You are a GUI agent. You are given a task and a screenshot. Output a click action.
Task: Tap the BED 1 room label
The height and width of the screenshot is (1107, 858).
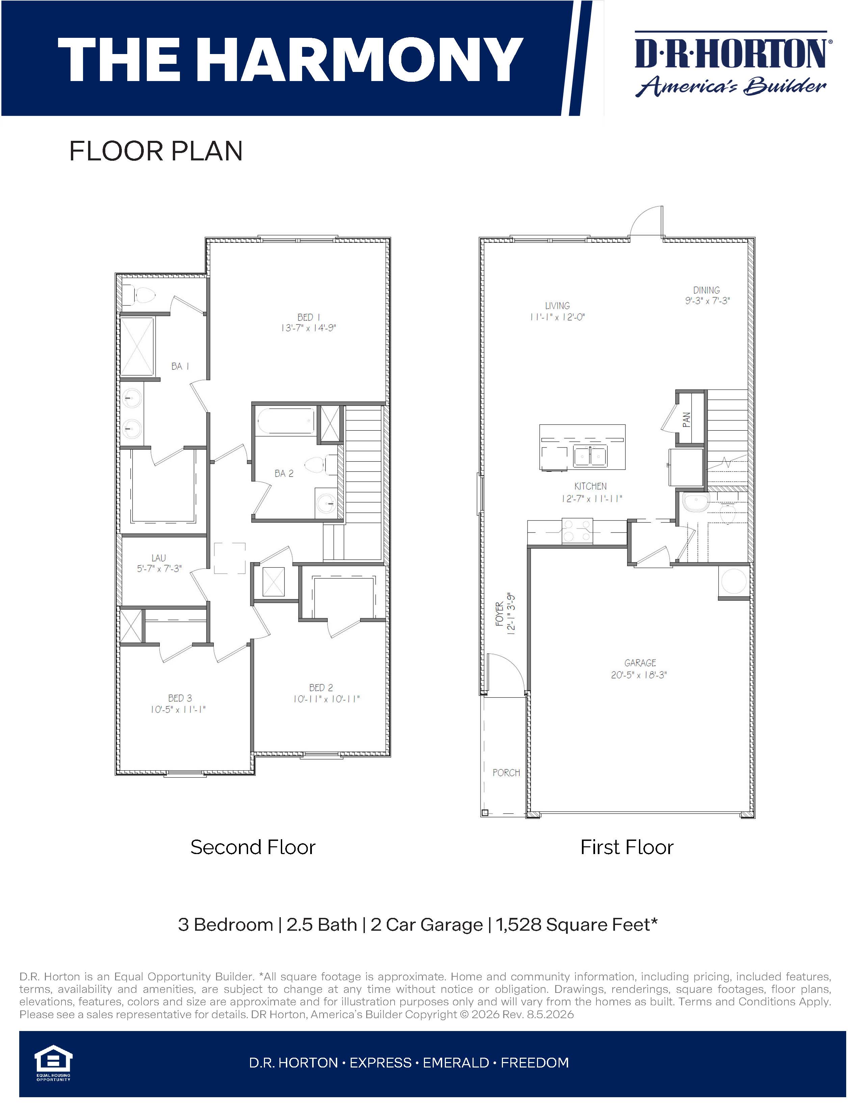pyautogui.click(x=309, y=317)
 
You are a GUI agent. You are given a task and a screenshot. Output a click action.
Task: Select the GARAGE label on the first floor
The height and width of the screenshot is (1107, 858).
pyautogui.click(x=640, y=663)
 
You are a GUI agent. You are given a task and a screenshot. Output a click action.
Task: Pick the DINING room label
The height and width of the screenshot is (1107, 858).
pyautogui.click(x=706, y=290)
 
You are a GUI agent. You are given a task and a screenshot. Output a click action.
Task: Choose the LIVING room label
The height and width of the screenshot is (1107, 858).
pyautogui.click(x=557, y=306)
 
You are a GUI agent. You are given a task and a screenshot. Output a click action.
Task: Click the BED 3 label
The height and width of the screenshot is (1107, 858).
pyautogui.click(x=180, y=698)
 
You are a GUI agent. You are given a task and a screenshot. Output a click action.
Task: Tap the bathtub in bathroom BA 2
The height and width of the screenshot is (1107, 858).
pyautogui.click(x=286, y=421)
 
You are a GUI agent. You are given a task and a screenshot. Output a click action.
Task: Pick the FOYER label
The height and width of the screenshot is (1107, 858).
pyautogui.click(x=500, y=614)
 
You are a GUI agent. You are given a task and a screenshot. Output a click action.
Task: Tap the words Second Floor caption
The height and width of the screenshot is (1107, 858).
pyautogui.click(x=253, y=847)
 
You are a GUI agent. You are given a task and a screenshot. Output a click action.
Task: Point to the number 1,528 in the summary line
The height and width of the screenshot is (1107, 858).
pyautogui.click(x=519, y=925)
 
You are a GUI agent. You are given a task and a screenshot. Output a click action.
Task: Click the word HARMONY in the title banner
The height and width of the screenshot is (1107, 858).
pyautogui.click(x=365, y=59)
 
